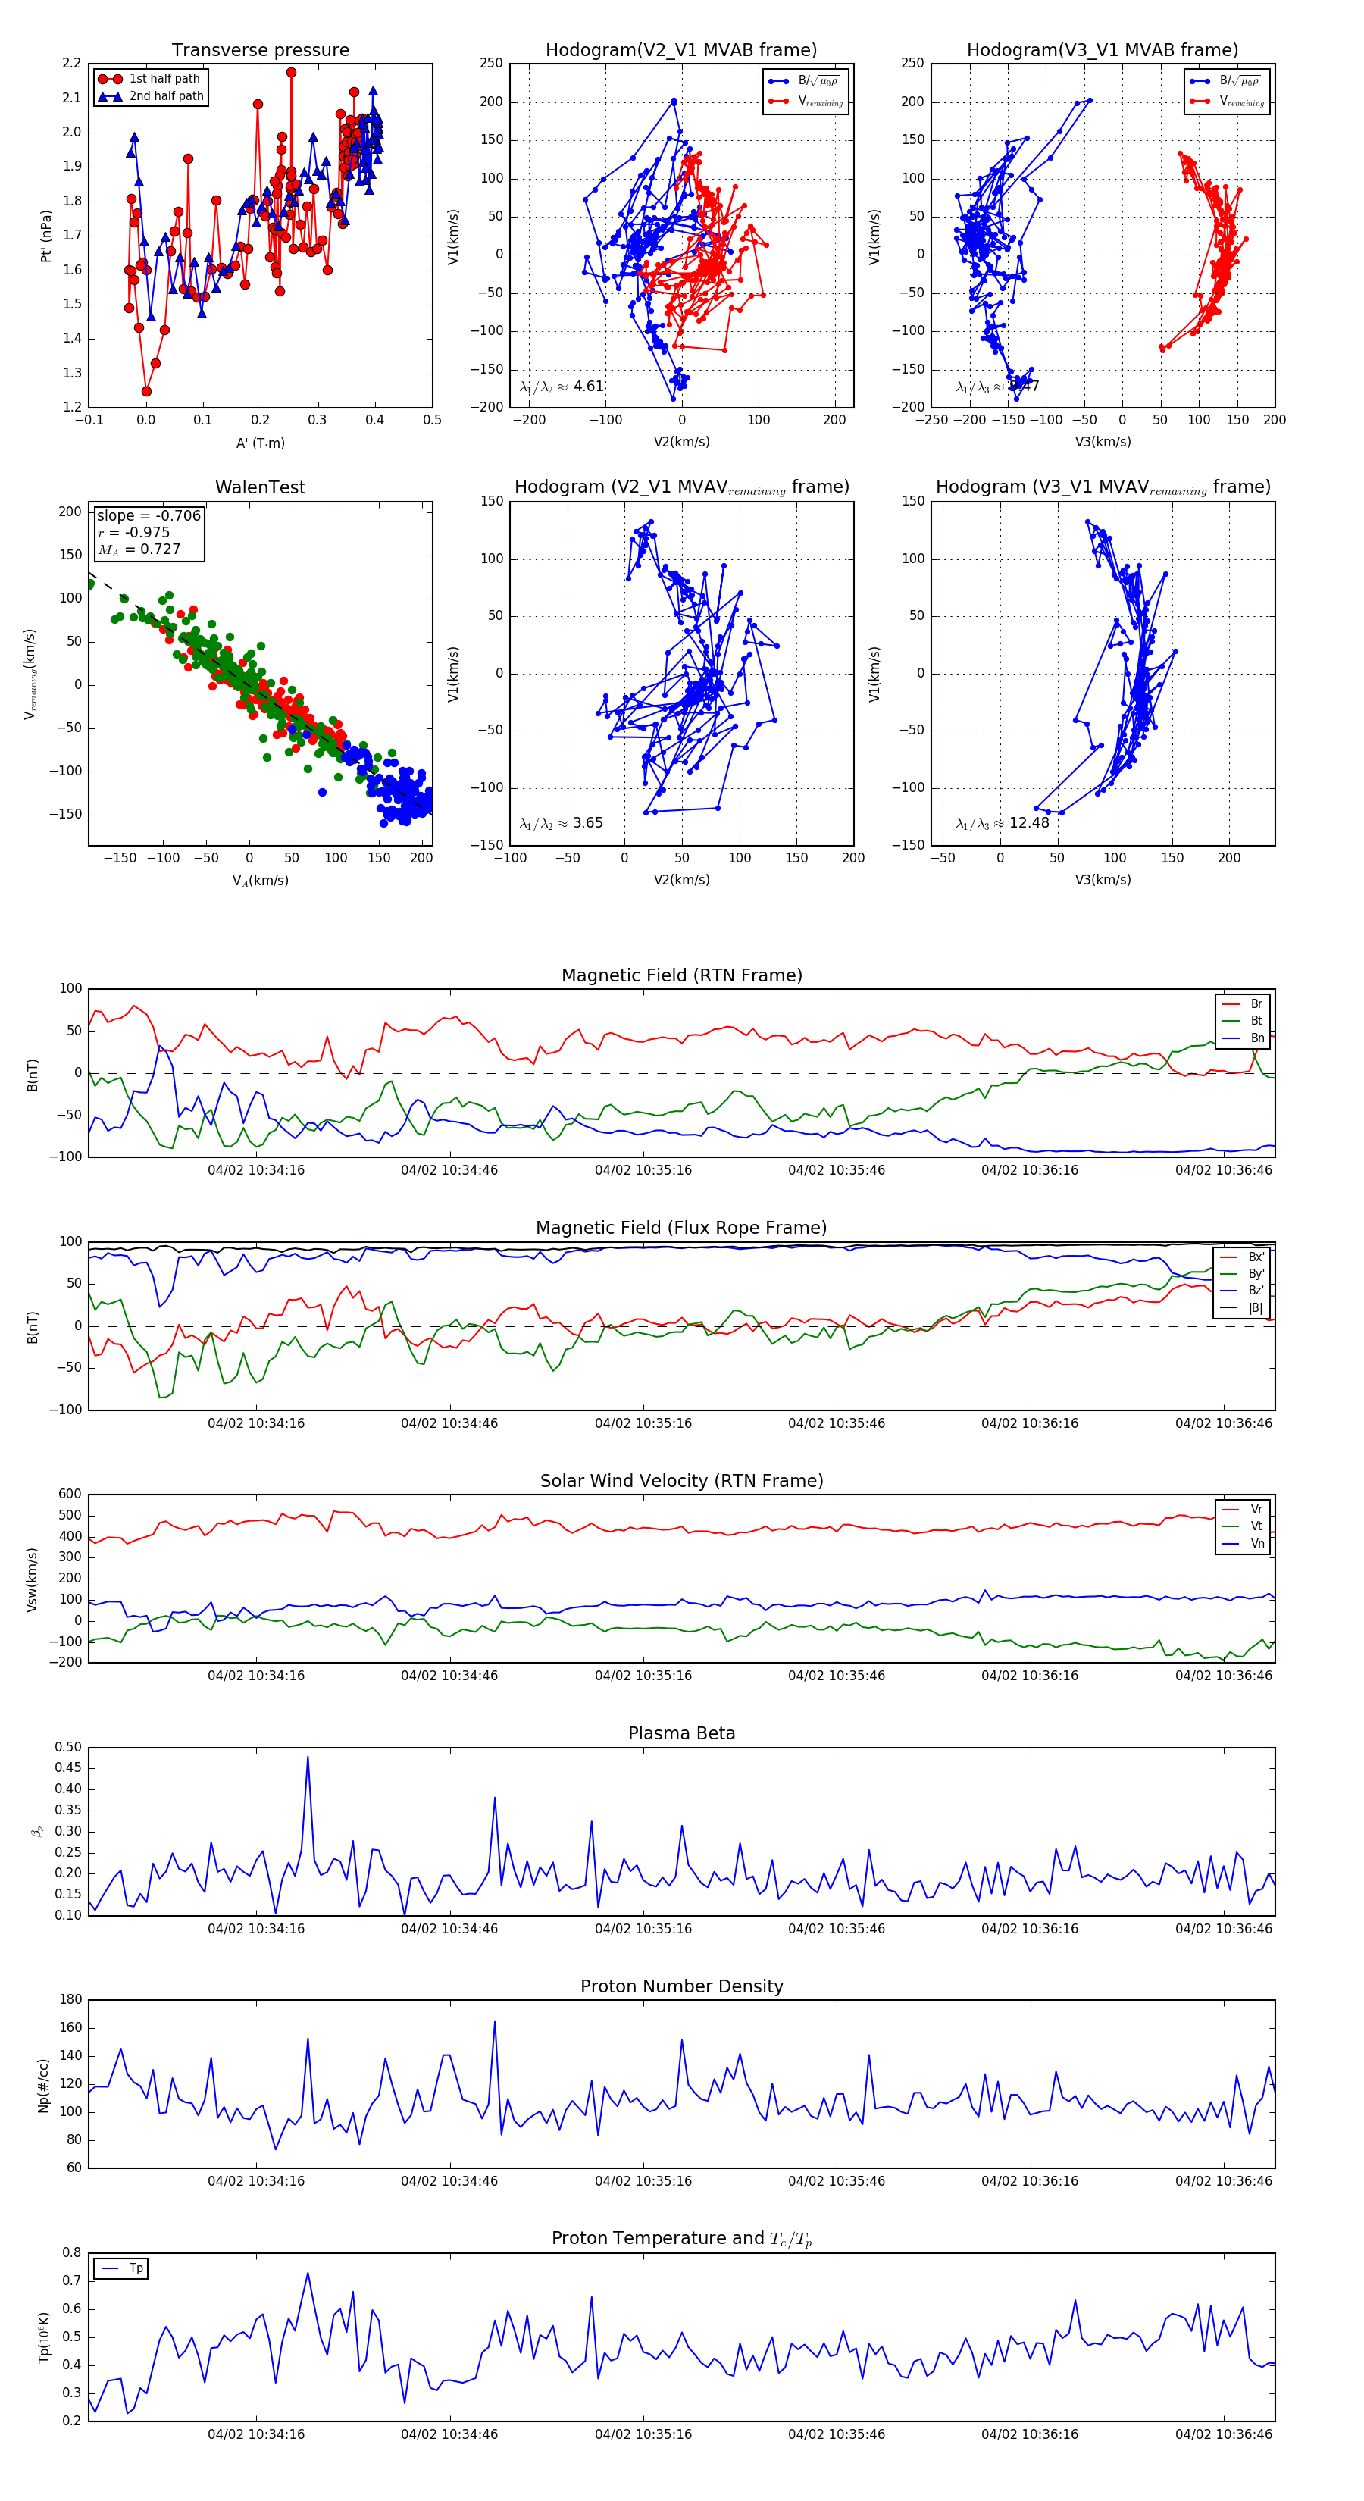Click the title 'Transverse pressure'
point(260,51)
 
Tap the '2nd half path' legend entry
point(166,96)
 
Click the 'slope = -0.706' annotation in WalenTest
point(149,515)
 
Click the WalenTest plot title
point(260,487)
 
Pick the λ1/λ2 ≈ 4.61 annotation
point(562,387)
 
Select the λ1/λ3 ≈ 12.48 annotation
point(1002,823)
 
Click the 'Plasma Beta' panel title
point(681,1734)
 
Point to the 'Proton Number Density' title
point(681,1986)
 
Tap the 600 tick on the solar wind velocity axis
point(70,1495)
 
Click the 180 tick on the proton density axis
point(70,2000)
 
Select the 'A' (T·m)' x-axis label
point(260,443)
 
